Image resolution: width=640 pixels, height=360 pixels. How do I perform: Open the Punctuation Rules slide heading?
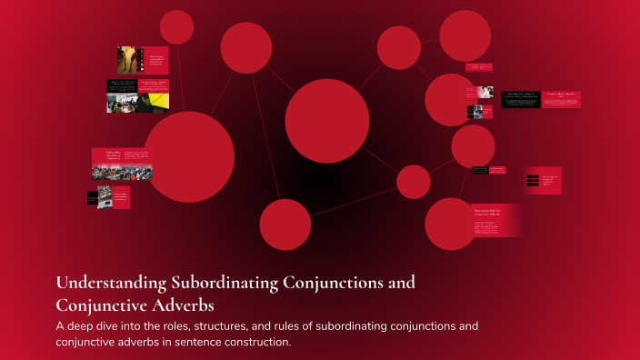click(489, 212)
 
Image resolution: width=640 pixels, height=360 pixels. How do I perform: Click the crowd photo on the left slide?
click(122, 171)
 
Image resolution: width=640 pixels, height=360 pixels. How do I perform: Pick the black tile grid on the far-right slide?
click(533, 180)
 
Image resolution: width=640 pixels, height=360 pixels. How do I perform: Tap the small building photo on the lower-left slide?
click(105, 196)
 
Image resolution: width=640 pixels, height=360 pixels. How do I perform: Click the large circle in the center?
click(327, 120)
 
